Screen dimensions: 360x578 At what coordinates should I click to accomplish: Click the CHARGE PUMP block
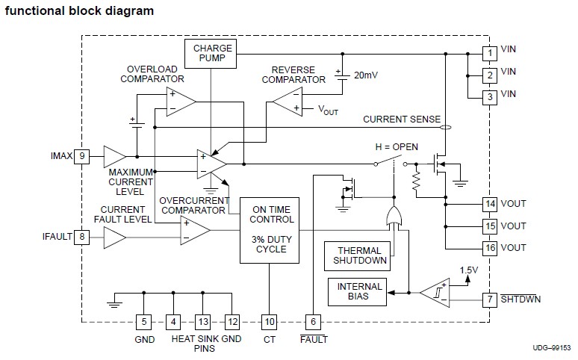click(x=213, y=53)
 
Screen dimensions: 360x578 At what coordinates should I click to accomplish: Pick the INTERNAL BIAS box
click(x=360, y=291)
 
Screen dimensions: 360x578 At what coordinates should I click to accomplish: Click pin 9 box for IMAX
click(x=82, y=156)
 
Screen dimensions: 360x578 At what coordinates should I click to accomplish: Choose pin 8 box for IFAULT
click(x=82, y=237)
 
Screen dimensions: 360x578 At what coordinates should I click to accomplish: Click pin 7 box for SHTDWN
click(x=489, y=300)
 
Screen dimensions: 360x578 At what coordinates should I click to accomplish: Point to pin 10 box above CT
click(x=270, y=322)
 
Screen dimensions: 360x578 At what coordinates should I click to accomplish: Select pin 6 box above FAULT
click(x=314, y=322)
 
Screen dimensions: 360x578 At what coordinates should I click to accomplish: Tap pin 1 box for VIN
click(x=489, y=53)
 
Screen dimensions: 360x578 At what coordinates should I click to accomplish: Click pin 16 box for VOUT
click(x=489, y=247)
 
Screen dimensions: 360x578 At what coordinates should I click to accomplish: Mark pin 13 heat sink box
click(x=203, y=322)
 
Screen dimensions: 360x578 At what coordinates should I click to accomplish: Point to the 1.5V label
click(x=469, y=270)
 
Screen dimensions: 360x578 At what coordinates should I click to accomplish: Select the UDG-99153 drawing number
click(x=550, y=349)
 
